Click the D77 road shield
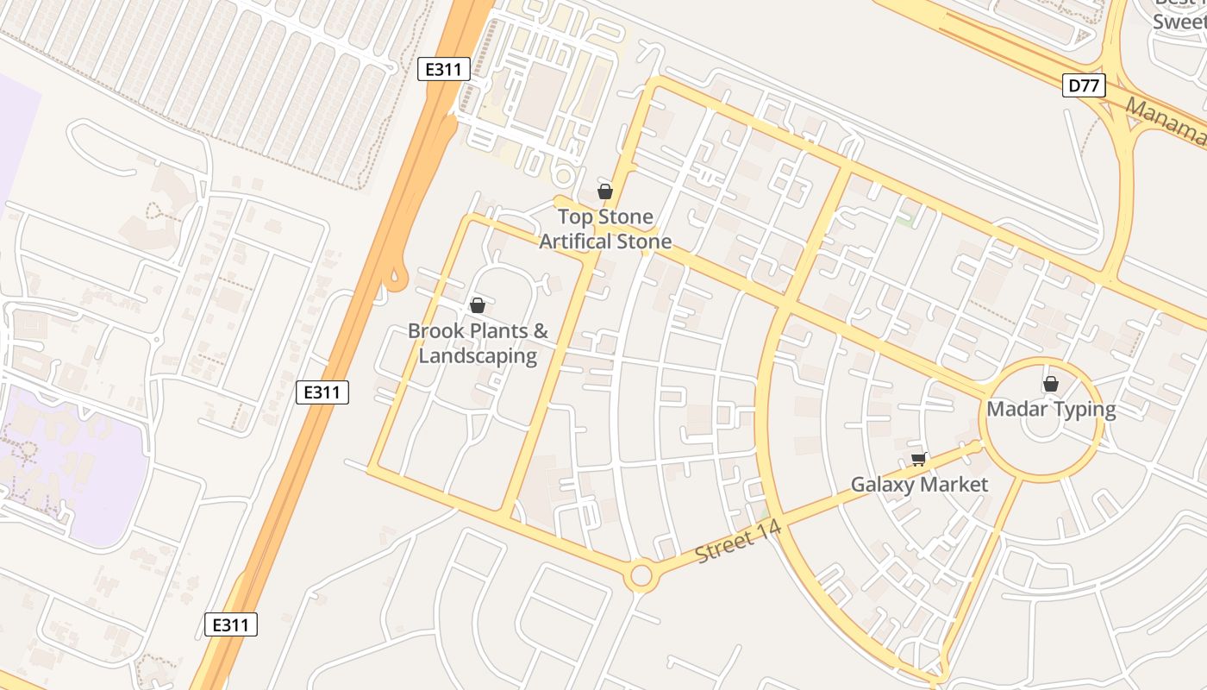(1084, 85)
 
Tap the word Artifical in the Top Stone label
(578, 241)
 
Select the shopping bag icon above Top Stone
(605, 191)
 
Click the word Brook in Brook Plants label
(435, 331)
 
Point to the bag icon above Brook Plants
(477, 305)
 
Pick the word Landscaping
(478, 355)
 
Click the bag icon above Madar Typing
(1050, 384)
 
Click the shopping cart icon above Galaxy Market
(918, 459)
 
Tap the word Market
(954, 485)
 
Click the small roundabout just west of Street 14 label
(641, 575)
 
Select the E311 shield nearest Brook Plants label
(322, 392)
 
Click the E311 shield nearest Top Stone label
(444, 69)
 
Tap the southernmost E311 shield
(231, 624)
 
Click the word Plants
(504, 331)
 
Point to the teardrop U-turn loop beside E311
(397, 278)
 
